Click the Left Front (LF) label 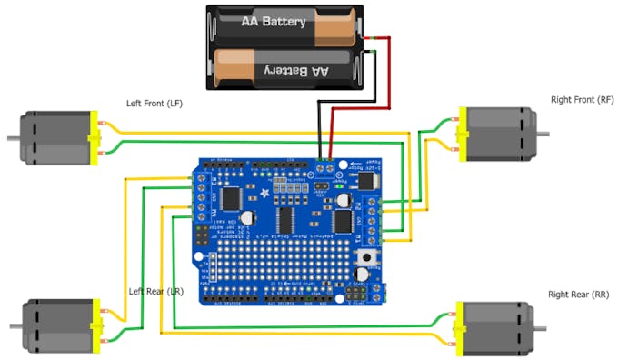(x=154, y=104)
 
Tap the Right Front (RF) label (x=583, y=99)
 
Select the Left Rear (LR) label (x=157, y=291)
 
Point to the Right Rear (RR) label (x=578, y=295)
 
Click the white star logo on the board (x=264, y=192)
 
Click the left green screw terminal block (x=197, y=198)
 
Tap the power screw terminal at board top (x=325, y=165)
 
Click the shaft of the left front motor (x=14, y=139)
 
